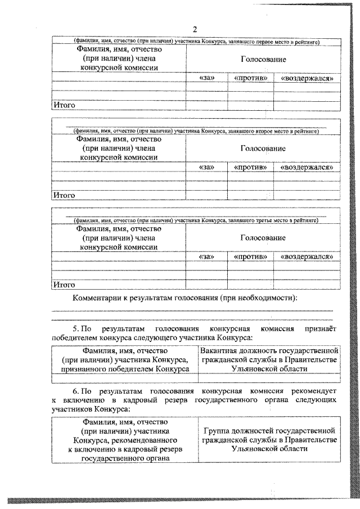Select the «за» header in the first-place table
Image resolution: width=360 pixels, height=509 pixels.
(207, 78)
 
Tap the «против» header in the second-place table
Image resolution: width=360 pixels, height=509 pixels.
(250, 167)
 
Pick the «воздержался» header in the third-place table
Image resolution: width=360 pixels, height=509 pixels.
(307, 256)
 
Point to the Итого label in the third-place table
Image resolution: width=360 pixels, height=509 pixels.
(64, 285)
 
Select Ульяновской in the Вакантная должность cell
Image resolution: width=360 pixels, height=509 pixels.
(254, 368)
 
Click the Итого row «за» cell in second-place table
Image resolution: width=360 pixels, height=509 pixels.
(207, 195)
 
